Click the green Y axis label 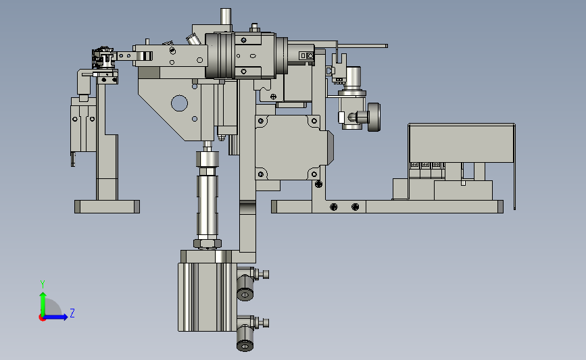[x=43, y=284]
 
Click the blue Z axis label [x=72, y=313]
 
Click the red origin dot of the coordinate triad [x=42, y=318]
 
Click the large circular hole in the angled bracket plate [x=179, y=103]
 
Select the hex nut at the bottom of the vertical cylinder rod [x=207, y=244]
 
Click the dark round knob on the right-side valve [x=374, y=118]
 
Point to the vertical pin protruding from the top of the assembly [x=226, y=16]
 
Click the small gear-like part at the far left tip [x=103, y=57]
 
